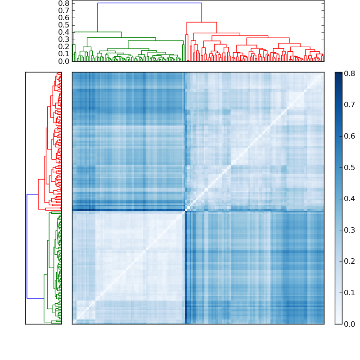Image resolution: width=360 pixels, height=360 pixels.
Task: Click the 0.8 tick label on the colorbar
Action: pyautogui.click(x=349, y=73)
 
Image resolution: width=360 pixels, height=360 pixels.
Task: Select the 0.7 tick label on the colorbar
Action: pyautogui.click(x=349, y=104)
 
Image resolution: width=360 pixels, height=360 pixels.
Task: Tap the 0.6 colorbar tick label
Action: pyautogui.click(x=349, y=136)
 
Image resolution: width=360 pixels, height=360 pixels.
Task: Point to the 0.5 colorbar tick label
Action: pyautogui.click(x=349, y=167)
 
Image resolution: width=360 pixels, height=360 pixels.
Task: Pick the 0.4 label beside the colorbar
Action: pyautogui.click(x=349, y=198)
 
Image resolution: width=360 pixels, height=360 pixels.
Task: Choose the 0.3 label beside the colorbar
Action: pyautogui.click(x=349, y=230)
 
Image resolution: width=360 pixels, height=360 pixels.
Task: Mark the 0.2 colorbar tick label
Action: pyautogui.click(x=349, y=261)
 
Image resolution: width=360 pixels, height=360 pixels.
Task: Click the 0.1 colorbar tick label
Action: pyautogui.click(x=349, y=293)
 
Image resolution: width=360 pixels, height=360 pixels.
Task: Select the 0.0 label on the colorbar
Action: pyautogui.click(x=349, y=324)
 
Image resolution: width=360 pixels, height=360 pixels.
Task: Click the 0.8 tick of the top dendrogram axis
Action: pyautogui.click(x=64, y=3)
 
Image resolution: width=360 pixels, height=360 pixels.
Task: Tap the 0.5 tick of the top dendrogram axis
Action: pyautogui.click(x=64, y=25)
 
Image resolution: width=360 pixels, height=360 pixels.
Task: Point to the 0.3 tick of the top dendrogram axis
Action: pyautogui.click(x=64, y=39)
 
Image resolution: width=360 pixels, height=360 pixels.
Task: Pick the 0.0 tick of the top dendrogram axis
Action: pyautogui.click(x=64, y=61)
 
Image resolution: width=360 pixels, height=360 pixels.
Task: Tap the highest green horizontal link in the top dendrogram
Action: pyautogui.click(x=98, y=32)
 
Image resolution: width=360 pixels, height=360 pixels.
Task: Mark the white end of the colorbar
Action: pyautogui.click(x=338, y=321)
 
